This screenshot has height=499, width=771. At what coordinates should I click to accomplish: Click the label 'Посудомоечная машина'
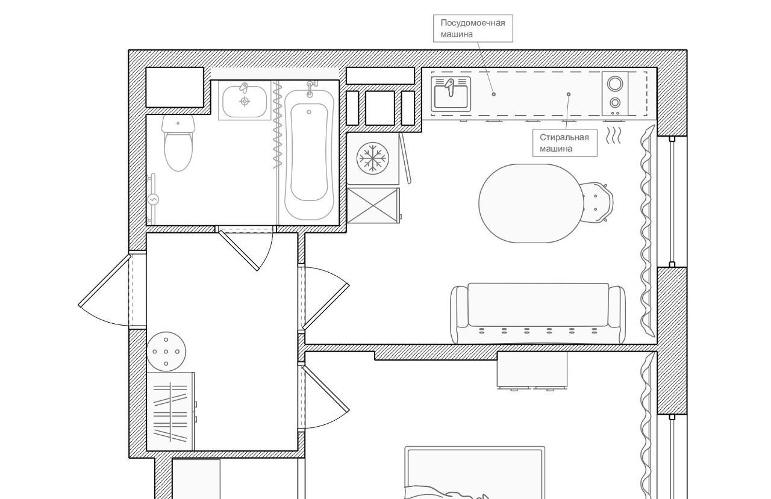click(x=473, y=28)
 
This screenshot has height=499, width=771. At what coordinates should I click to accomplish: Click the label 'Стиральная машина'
click(x=564, y=143)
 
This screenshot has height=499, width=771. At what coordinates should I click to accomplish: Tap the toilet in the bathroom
click(x=178, y=143)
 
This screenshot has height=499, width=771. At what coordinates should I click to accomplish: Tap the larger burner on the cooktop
click(x=615, y=84)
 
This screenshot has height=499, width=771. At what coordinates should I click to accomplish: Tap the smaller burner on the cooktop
click(x=615, y=102)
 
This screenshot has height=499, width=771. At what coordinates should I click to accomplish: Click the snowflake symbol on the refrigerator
click(x=372, y=158)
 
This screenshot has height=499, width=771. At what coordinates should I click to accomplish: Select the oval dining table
click(x=532, y=203)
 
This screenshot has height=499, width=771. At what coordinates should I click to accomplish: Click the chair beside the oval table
click(x=596, y=203)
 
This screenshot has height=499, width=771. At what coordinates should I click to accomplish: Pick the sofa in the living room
click(x=538, y=313)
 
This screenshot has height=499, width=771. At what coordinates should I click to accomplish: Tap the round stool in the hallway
click(x=166, y=352)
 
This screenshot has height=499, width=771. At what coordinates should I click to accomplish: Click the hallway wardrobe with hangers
click(x=171, y=411)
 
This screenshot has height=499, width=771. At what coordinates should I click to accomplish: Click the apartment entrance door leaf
click(x=105, y=280)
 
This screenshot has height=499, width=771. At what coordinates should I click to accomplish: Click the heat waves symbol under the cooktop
click(x=613, y=135)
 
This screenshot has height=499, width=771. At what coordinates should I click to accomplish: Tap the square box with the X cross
click(x=373, y=205)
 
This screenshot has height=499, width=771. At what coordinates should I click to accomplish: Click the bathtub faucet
click(x=310, y=88)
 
